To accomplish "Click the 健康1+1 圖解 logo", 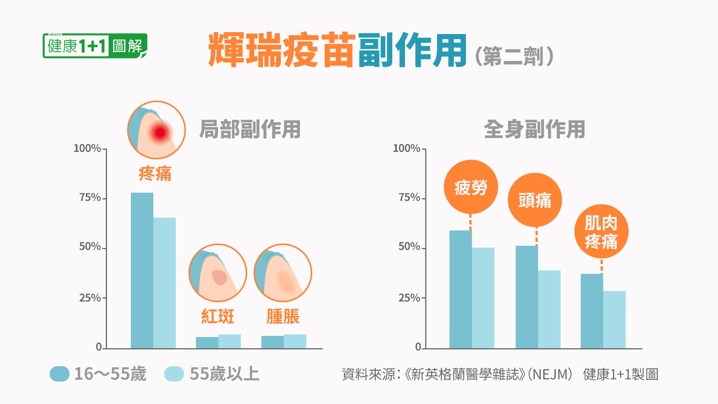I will tap(95, 46).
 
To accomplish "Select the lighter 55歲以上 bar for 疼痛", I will tap(164, 283).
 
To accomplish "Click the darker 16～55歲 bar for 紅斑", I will tap(207, 343).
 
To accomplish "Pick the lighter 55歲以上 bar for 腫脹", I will tap(295, 342).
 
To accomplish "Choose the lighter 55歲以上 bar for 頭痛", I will tap(549, 309).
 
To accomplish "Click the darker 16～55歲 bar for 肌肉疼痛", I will tap(592, 311).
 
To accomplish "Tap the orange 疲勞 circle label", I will tap(471, 187).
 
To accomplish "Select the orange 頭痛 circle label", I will tap(535, 200).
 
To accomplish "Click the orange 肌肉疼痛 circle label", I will tap(601, 232).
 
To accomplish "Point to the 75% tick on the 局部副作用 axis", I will tap(104, 198).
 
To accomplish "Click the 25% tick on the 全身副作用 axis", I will tap(423, 298).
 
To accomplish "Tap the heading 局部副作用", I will tap(250, 129).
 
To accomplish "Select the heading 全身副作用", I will tap(534, 129).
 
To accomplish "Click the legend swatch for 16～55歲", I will tap(59, 374).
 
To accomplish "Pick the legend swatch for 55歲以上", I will tap(174, 374).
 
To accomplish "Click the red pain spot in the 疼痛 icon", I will tap(160, 132).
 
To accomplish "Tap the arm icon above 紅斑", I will tap(218, 273).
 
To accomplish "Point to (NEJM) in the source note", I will tap(550, 374).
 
